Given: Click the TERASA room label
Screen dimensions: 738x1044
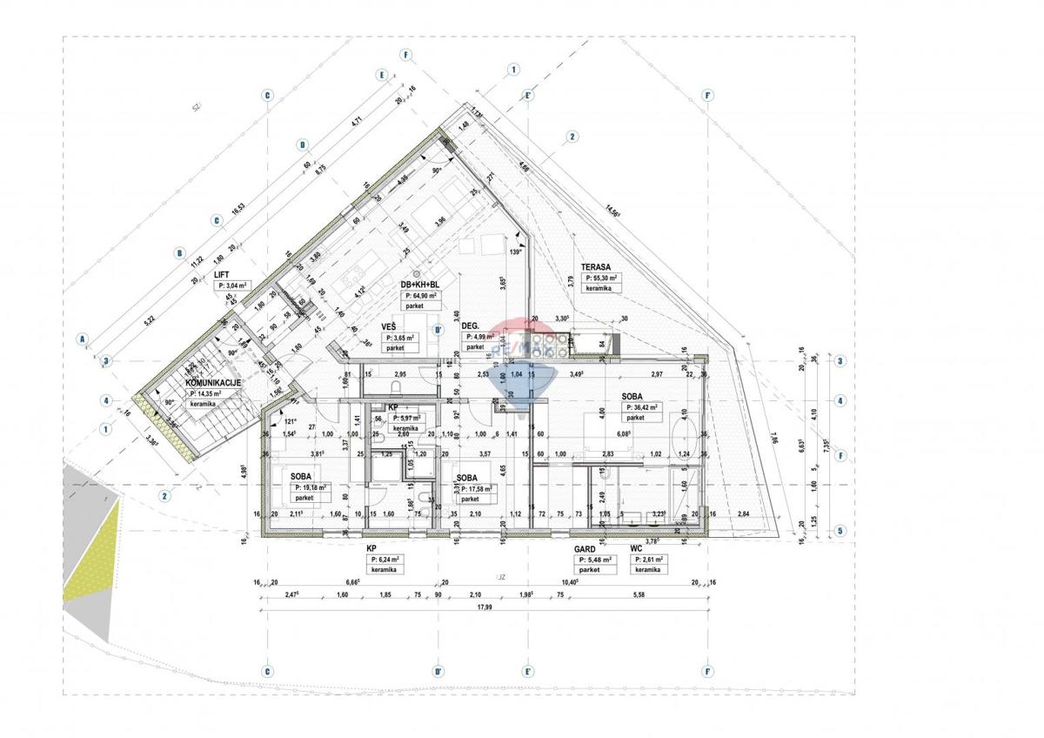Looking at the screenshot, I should coord(598,268).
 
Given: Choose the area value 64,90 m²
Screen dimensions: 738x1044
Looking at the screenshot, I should coord(421,296).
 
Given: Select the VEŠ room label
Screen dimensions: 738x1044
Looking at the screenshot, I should coord(390,327).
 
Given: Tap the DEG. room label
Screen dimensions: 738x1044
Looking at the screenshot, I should coord(472,326).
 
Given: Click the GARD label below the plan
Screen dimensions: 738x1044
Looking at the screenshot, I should coord(583,549).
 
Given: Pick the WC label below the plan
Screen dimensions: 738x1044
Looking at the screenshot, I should coord(636,549).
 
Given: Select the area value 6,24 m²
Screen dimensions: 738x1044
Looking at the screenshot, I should coord(385,560).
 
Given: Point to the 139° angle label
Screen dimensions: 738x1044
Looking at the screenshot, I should coord(515,252).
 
